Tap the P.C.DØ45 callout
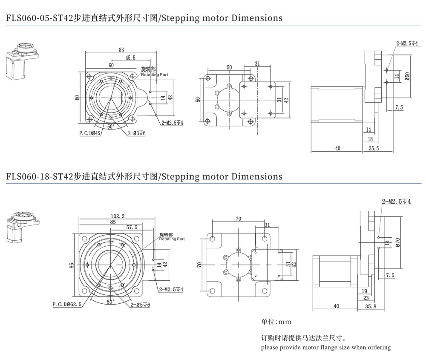(89, 133)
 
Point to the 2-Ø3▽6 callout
(137, 133)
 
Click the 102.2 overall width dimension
(117, 216)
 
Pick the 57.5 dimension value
(131, 227)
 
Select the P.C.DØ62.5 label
(67, 305)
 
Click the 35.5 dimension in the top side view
(374, 148)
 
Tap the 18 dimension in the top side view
(370, 139)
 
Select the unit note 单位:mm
(276, 322)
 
